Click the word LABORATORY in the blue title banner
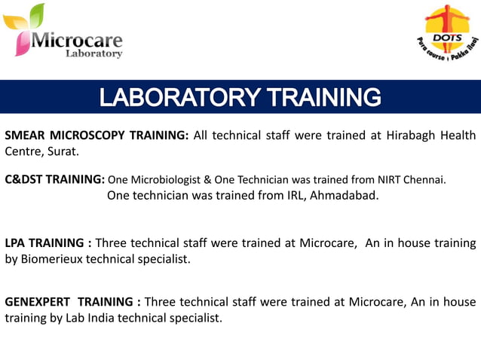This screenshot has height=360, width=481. [x=177, y=98]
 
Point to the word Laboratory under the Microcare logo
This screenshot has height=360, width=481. [x=93, y=53]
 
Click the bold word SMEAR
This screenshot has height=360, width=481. [x=25, y=136]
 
